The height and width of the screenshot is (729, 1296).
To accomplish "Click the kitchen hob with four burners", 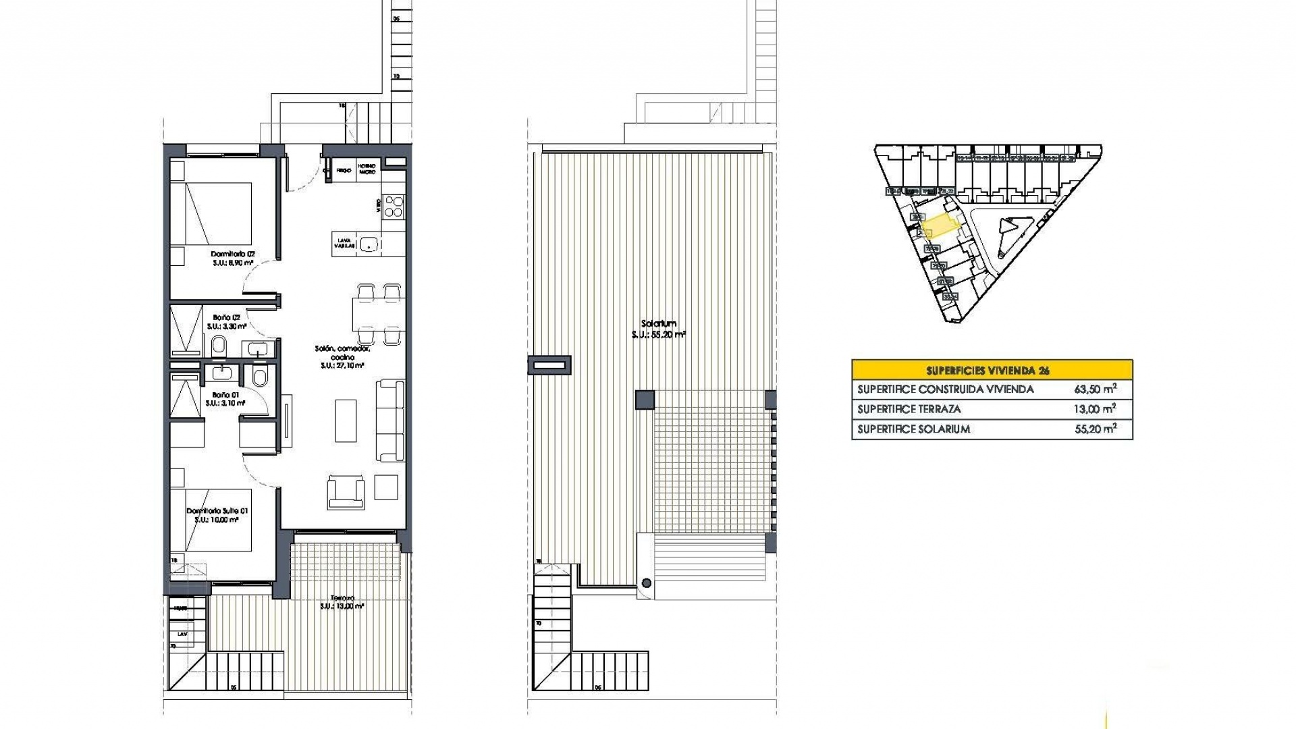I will (x=393, y=207).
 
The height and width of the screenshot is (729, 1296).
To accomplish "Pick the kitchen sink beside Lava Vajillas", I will (x=369, y=244).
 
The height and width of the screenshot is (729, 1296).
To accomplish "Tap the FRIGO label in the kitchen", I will (x=344, y=171).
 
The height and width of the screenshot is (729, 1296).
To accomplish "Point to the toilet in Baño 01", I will (x=259, y=377).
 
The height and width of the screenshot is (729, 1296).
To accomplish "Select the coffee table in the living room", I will (x=346, y=421).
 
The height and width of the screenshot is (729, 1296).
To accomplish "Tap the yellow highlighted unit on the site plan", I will (x=940, y=225).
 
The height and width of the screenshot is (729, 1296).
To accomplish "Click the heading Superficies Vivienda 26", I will (x=992, y=370).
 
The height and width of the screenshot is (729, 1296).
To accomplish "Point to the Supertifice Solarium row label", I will (x=913, y=429).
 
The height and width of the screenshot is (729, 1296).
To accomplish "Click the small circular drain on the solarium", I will (x=647, y=583).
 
